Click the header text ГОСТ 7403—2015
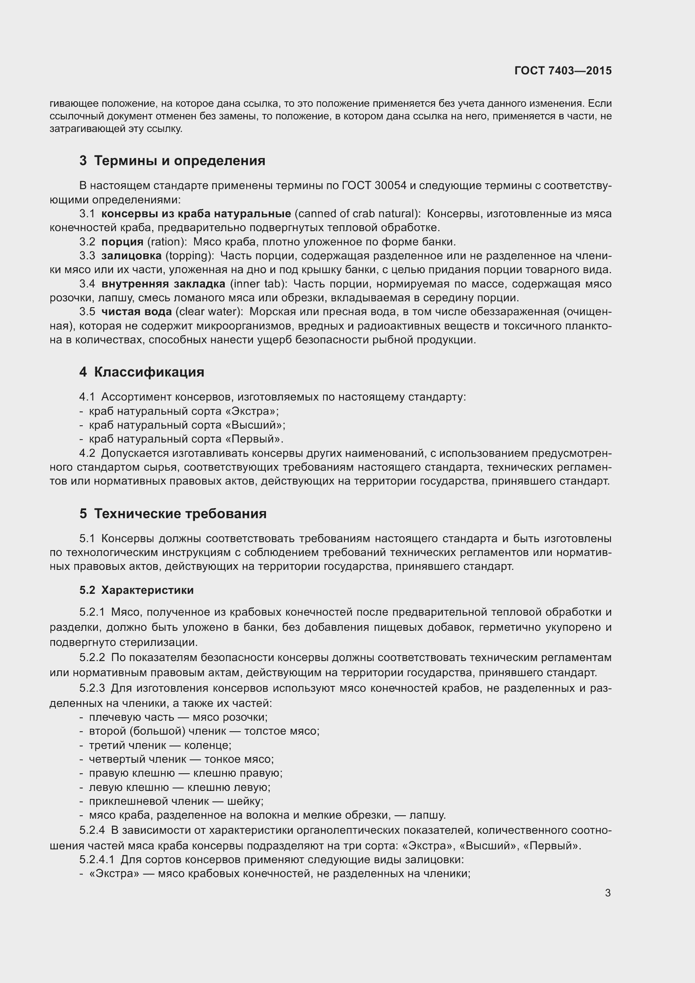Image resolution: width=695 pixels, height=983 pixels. click(563, 71)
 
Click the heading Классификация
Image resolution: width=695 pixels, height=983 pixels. click(149, 372)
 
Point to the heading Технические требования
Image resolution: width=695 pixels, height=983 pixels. click(180, 513)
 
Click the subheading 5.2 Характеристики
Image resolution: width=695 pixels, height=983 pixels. click(137, 590)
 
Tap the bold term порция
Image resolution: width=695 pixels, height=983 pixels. click(122, 242)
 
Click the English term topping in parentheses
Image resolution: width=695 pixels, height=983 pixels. click(189, 256)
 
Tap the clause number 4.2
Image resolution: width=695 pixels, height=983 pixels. click(87, 453)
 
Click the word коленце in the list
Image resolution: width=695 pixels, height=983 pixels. click(208, 745)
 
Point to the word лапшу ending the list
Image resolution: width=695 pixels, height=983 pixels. click(427, 815)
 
